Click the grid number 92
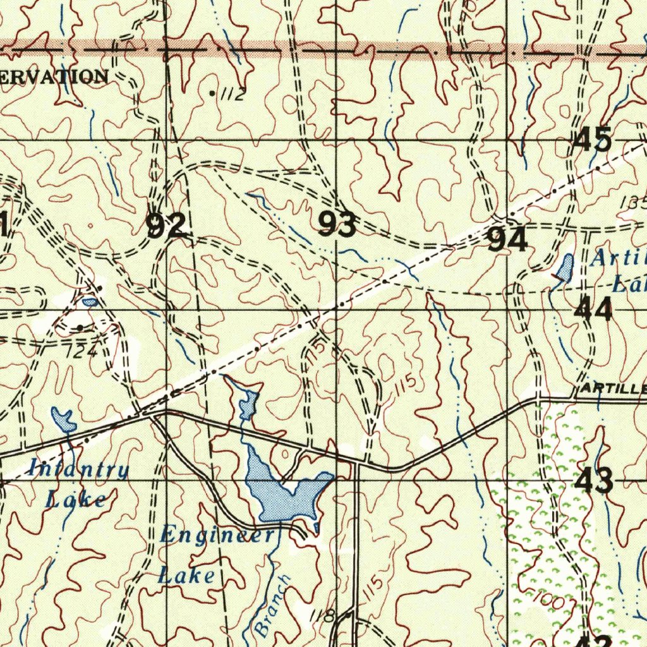pyautogui.click(x=166, y=226)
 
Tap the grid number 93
pyautogui.click(x=337, y=224)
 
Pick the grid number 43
pyautogui.click(x=594, y=481)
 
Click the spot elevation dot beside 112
pyautogui.click(x=212, y=94)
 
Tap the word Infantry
pyautogui.click(x=78, y=469)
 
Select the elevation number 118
pyautogui.click(x=322, y=615)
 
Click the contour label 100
pyautogui.click(x=547, y=600)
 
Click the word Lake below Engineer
pyautogui.click(x=186, y=576)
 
